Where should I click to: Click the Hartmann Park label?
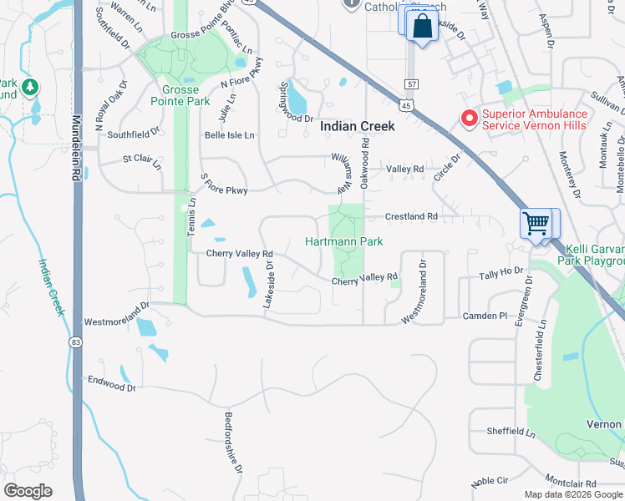(343, 241)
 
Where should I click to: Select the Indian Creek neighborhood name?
(358, 126)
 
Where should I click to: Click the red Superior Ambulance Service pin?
(469, 119)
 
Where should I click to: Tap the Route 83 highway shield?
(76, 342)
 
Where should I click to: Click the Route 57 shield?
(410, 84)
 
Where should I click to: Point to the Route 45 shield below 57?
(406, 105)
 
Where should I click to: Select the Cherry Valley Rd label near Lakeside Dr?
(240, 254)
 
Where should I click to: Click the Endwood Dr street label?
(111, 383)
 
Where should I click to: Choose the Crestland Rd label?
(412, 216)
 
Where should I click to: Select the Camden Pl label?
(485, 316)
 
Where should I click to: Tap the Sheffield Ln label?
(511, 431)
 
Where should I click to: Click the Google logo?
(28, 491)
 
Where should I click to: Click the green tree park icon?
(29, 86)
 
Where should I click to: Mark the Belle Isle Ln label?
(230, 134)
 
